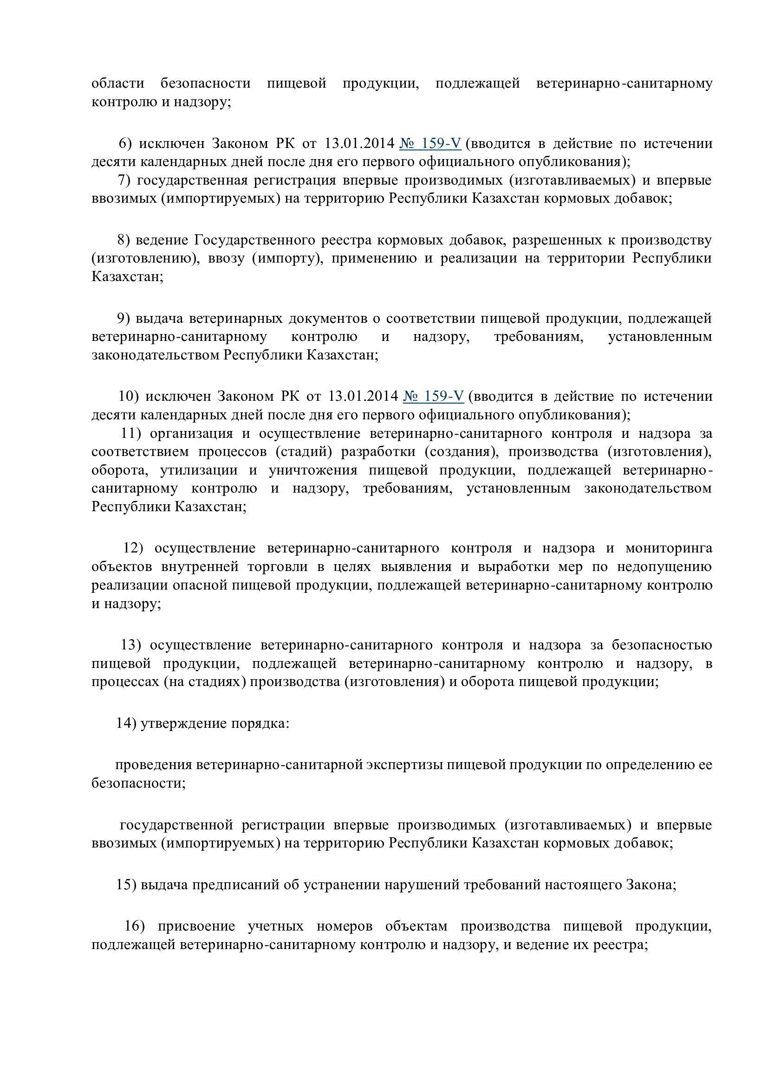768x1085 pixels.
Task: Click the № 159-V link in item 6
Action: [430, 143]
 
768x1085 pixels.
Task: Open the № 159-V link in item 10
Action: [433, 396]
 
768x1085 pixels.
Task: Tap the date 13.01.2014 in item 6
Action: [359, 143]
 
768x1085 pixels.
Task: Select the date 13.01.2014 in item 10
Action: [363, 396]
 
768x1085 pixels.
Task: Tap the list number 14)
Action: [126, 724]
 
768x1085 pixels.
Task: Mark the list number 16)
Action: [134, 926]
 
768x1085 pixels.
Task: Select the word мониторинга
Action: [669, 548]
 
